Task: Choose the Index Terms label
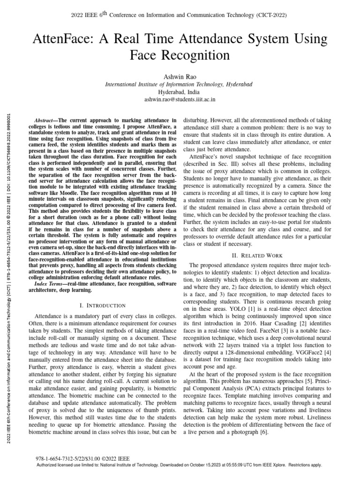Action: (x=50, y=285)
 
